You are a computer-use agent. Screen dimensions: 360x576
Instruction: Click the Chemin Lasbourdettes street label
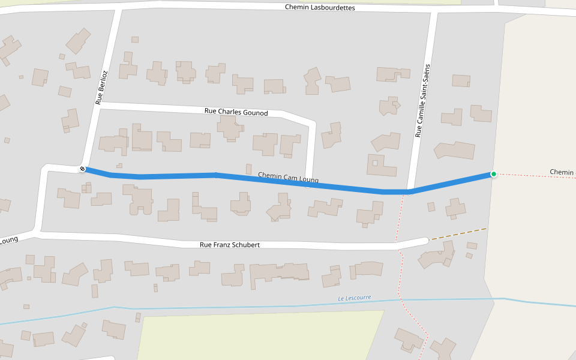320,8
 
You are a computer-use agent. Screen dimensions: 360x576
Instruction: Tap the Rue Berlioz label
101,88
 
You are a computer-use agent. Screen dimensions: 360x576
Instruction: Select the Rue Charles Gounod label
236,112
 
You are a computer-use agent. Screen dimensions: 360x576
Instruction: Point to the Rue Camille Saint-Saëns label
422,101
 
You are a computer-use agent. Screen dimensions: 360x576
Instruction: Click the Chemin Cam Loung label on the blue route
288,178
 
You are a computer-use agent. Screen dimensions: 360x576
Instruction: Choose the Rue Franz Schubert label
229,245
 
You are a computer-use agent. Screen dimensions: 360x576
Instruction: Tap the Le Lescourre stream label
354,298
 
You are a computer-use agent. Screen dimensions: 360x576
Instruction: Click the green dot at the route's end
493,174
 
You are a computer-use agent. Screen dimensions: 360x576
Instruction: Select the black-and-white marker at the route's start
83,169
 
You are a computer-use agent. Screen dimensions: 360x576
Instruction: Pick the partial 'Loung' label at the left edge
8,241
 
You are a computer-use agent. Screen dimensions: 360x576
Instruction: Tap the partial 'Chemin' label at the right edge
562,172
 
